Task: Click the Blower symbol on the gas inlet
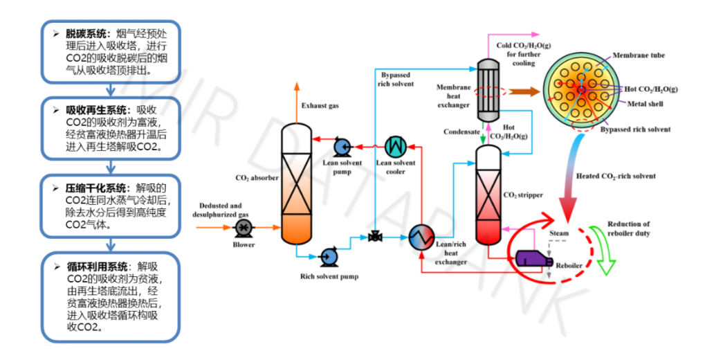(x=244, y=226)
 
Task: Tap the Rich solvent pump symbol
(x=328, y=258)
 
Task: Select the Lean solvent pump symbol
(x=341, y=146)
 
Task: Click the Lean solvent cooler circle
(x=395, y=146)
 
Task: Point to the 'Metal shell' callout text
(x=641, y=105)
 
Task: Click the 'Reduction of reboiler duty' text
(x=628, y=228)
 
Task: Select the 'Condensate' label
(x=460, y=132)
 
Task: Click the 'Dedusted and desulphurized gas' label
(x=221, y=210)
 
